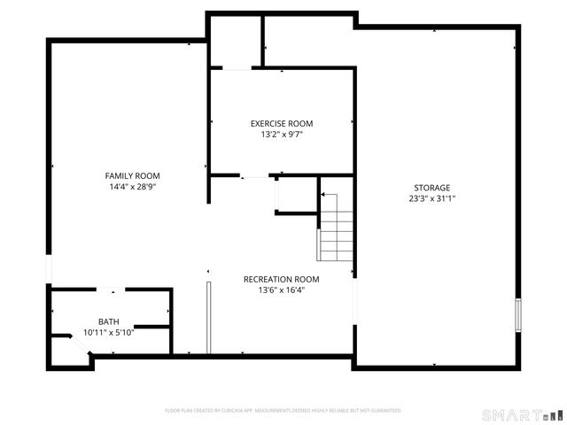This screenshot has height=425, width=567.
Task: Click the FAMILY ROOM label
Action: [x=133, y=175]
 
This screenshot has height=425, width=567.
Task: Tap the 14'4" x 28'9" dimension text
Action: [x=133, y=187]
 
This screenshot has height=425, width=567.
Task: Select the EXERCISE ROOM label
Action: [x=281, y=124]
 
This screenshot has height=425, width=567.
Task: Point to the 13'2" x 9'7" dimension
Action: [x=281, y=135]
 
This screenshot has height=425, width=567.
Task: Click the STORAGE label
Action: [x=431, y=188]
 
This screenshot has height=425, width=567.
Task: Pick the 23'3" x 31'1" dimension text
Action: [x=431, y=199]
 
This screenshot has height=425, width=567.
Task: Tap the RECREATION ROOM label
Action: [x=281, y=279]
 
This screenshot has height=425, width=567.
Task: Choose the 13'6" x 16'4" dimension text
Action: [x=281, y=290]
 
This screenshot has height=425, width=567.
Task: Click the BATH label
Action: [x=108, y=321]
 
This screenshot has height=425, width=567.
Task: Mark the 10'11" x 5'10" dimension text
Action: [x=108, y=332]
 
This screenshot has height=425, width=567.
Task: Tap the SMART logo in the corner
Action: [x=522, y=414]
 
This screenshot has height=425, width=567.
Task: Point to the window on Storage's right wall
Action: [x=519, y=315]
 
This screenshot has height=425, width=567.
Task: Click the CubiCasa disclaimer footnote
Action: [x=283, y=411]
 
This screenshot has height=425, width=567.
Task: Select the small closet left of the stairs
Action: [x=296, y=195]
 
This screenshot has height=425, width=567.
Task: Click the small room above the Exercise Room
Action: [x=235, y=41]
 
